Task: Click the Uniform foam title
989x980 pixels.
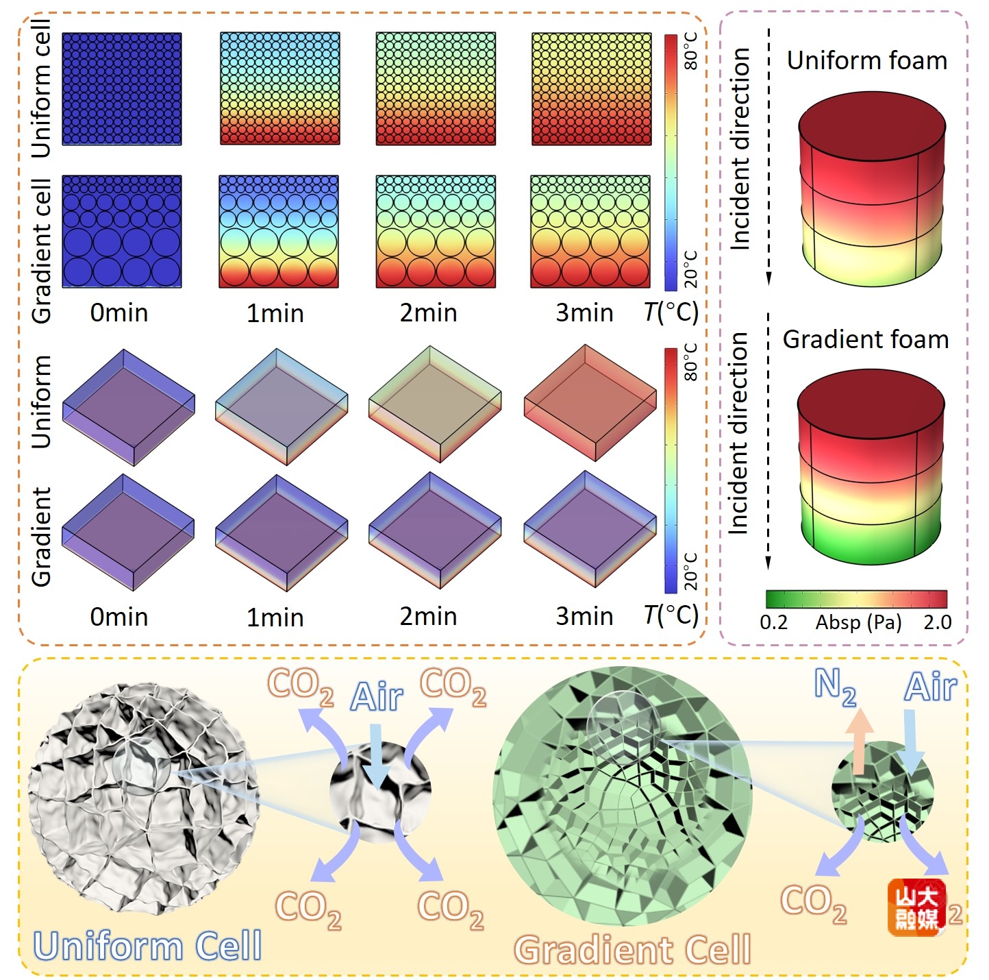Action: [866, 61]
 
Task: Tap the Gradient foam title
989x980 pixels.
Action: [866, 340]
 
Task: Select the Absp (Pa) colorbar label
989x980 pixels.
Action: [858, 622]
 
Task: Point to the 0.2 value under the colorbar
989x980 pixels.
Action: [773, 622]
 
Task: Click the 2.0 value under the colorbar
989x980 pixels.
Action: [937, 622]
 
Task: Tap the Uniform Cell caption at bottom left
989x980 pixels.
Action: [147, 946]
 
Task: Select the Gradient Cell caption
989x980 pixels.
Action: [632, 951]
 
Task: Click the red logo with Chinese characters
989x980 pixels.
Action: [916, 907]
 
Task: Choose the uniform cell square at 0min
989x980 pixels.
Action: [122, 89]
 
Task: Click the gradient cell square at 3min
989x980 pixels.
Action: [590, 232]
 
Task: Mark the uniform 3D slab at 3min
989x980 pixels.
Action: [590, 403]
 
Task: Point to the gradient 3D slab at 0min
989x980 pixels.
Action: [128, 531]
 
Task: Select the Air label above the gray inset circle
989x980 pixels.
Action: [376, 698]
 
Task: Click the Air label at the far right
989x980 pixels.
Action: [930, 687]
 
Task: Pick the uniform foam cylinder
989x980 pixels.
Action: [871, 188]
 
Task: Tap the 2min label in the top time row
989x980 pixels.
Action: [428, 313]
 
